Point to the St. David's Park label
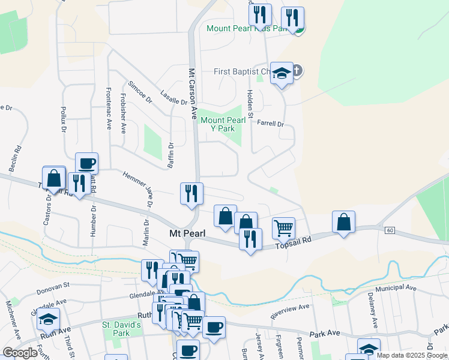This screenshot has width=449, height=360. [121, 329]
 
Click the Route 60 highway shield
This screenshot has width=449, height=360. [390, 230]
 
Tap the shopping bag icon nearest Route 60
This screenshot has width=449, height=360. [343, 222]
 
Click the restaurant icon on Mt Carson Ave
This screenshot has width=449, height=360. [192, 194]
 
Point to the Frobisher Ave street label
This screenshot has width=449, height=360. [124, 113]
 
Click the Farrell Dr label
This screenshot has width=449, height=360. [270, 124]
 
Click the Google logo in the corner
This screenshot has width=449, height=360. [20, 353]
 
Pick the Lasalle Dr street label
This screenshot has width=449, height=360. [175, 98]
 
